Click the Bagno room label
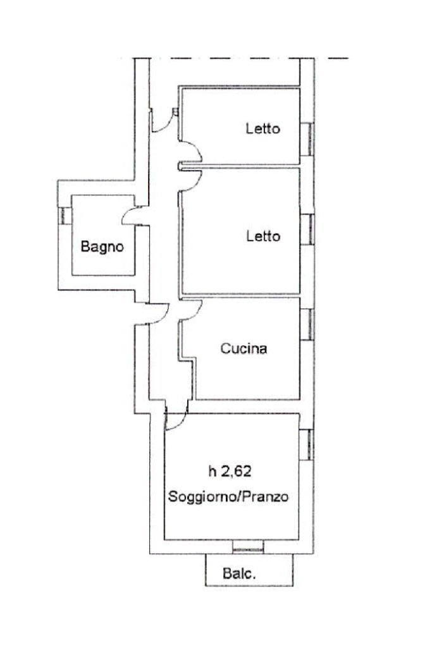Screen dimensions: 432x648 click(x=102, y=247)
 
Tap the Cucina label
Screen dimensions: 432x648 click(x=244, y=348)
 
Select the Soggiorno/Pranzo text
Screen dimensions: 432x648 click(x=228, y=496)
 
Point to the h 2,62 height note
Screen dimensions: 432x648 click(x=230, y=471)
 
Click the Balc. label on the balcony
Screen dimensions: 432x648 click(x=239, y=573)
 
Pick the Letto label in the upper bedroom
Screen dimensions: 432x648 click(x=263, y=128)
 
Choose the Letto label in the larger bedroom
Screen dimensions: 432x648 click(x=263, y=236)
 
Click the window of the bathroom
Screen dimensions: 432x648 click(x=64, y=216)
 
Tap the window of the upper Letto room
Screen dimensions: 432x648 click(x=307, y=139)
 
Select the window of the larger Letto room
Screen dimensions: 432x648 click(x=307, y=229)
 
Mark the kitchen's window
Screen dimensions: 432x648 click(x=307, y=324)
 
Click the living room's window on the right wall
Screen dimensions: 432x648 click(x=306, y=444)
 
